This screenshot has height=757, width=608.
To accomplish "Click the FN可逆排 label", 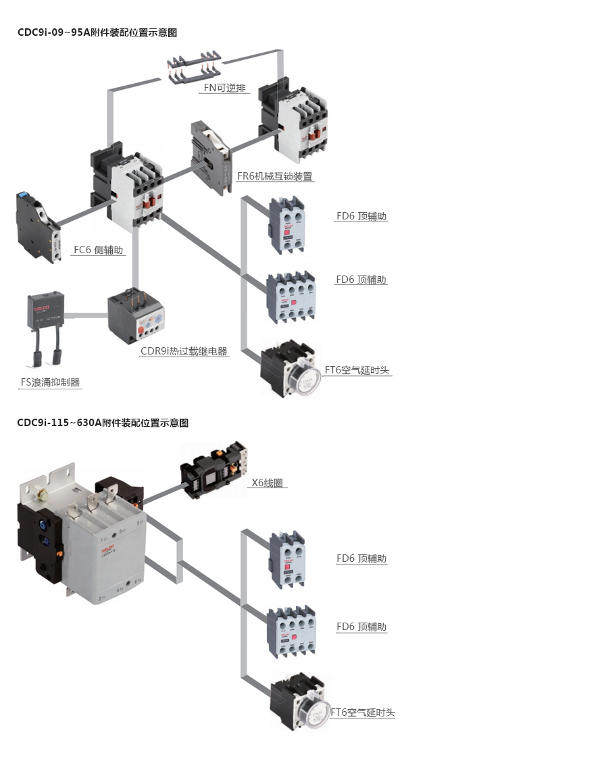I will (x=225, y=88).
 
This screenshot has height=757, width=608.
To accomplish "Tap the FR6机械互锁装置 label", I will (x=275, y=176).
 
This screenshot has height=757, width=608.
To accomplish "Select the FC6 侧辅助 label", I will (x=99, y=250).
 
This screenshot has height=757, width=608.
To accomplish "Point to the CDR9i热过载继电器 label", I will (x=184, y=351).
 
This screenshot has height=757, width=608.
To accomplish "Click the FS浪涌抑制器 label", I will (x=51, y=382).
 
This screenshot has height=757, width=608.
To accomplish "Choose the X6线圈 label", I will (x=267, y=483).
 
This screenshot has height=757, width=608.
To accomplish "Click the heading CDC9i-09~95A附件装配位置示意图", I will (x=97, y=32).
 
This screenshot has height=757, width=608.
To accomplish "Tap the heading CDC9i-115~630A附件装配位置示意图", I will (x=103, y=423).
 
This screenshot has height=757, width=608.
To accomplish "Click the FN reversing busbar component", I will (x=194, y=66).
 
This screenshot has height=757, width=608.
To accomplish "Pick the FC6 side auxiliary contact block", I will (x=38, y=226).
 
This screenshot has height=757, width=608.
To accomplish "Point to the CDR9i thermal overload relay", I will (x=136, y=316).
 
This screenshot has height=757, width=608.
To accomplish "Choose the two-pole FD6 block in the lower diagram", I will (x=287, y=560).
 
